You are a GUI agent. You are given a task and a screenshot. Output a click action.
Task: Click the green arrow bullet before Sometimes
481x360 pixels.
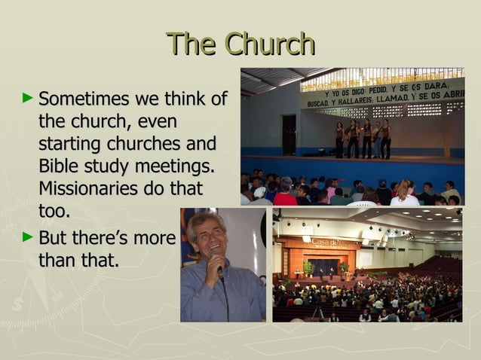coord(28,97)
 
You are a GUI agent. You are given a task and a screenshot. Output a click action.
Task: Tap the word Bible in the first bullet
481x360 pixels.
coord(59,166)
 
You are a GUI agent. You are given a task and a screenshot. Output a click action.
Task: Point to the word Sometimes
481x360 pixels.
coord(84,99)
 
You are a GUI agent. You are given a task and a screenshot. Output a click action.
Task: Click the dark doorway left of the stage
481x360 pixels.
coord(290,134)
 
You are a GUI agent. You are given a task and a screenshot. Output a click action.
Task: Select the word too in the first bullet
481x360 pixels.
coord(54,212)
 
